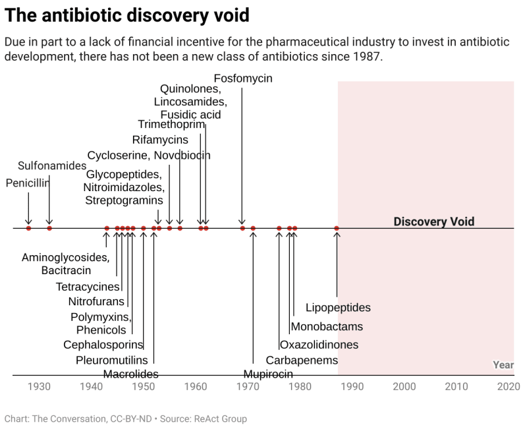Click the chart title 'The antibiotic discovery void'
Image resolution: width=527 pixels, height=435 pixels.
127,14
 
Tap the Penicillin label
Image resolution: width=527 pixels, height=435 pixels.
28,183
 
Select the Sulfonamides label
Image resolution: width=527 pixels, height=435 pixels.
52,165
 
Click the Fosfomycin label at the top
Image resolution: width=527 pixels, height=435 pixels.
243,78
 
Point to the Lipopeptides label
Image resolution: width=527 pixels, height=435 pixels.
338,308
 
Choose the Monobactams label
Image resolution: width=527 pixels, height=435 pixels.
327,326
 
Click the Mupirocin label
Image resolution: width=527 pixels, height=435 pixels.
268,375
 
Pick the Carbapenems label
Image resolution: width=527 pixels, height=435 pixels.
302,361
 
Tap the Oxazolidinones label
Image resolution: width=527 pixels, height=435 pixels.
319,345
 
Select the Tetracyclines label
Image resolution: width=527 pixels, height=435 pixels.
88,287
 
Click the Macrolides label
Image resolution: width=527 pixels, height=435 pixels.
131,374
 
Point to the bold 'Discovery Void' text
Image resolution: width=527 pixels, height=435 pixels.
433,221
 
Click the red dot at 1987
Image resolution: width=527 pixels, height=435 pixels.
337,229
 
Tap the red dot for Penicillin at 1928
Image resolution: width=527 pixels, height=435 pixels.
28,229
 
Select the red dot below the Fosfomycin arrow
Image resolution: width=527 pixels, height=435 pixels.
242,229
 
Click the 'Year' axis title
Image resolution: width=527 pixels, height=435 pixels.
503,365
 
